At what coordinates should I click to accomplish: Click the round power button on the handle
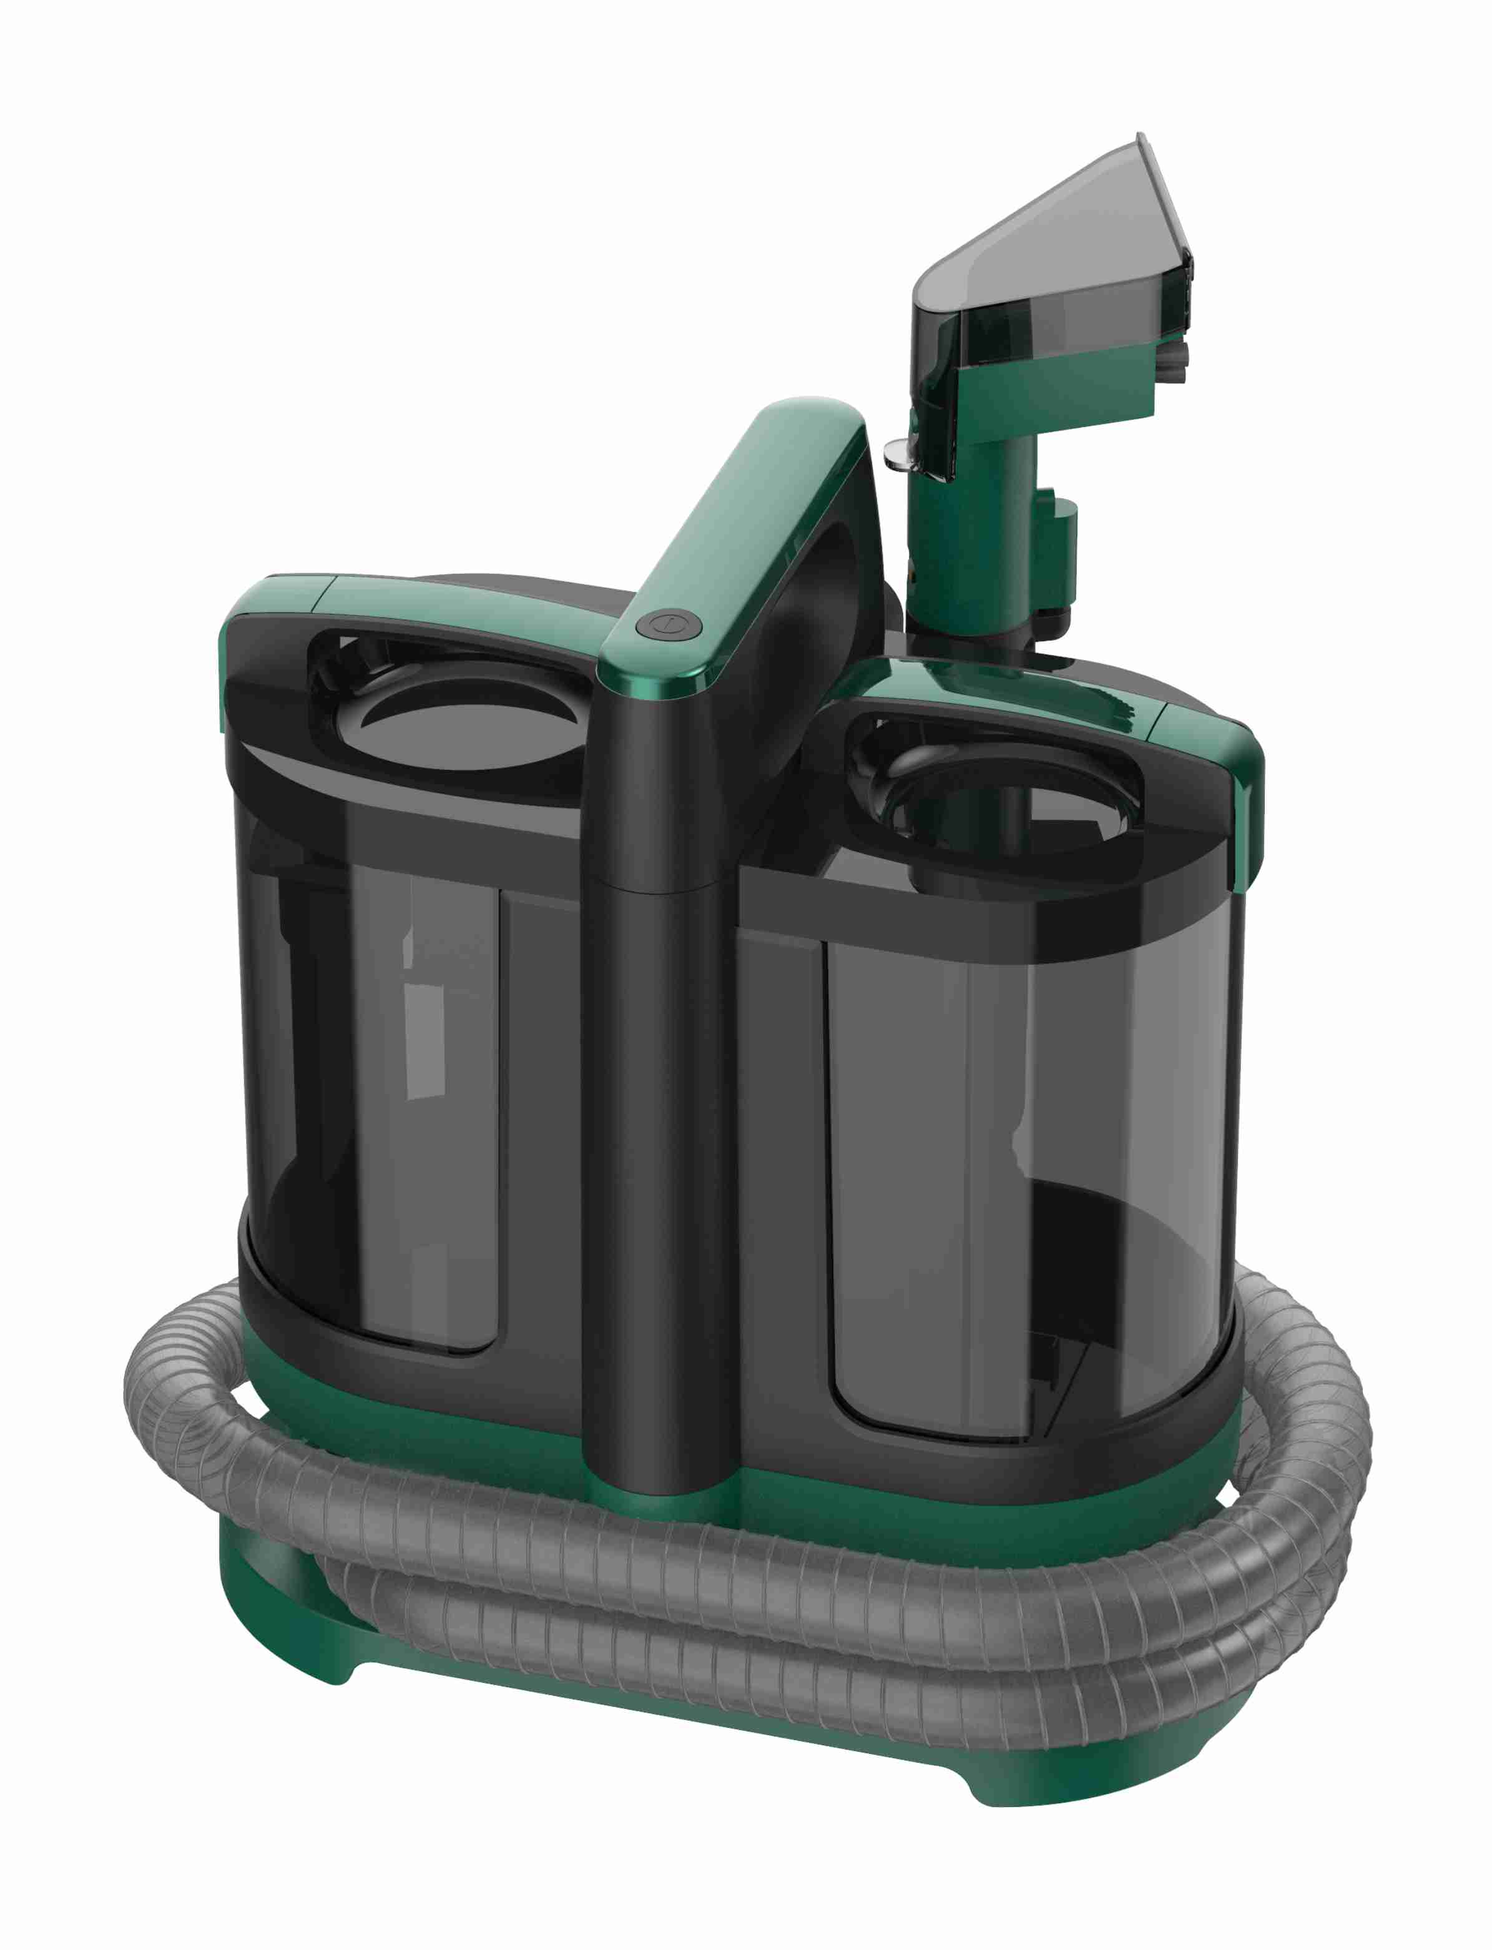tap(669, 624)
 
